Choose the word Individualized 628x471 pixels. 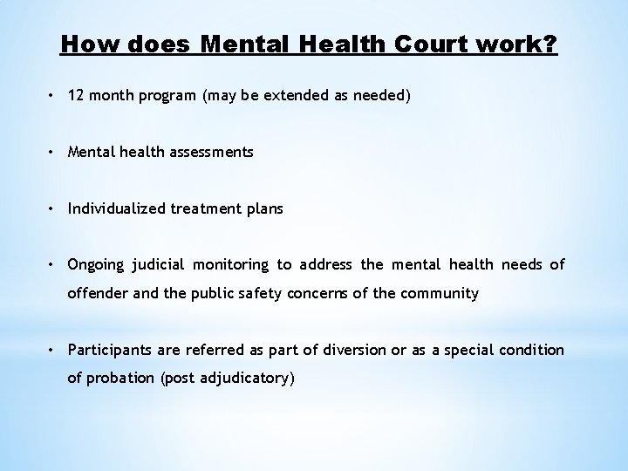(x=114, y=208)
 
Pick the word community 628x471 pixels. (x=440, y=293)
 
